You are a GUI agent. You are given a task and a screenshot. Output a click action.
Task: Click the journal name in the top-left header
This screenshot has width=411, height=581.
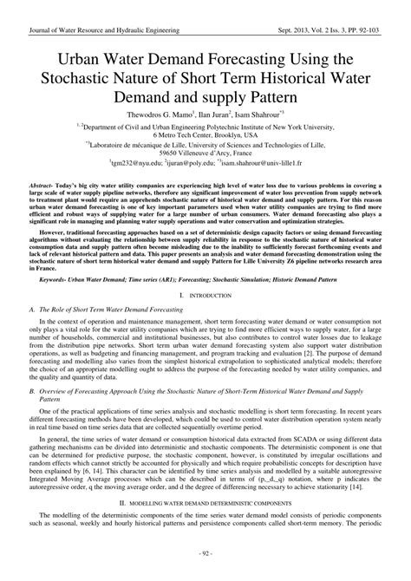(104, 29)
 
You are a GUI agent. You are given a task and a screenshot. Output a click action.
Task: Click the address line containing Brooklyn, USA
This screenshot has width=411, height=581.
(205, 136)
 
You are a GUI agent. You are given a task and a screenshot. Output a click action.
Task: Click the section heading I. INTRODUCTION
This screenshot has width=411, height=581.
(205, 297)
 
